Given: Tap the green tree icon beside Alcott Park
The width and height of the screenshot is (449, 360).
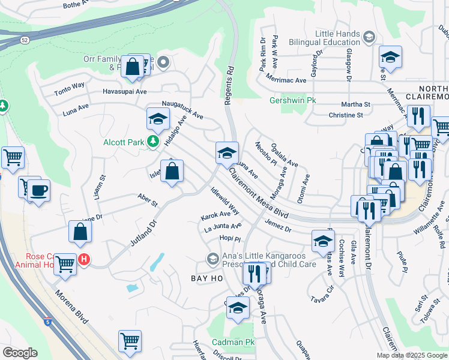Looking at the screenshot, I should [x=153, y=142].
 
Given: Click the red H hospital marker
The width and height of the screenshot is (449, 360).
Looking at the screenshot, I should [x=84, y=260].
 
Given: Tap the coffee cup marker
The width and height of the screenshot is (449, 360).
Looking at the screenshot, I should [x=39, y=191].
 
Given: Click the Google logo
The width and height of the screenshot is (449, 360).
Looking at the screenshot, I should [x=20, y=352].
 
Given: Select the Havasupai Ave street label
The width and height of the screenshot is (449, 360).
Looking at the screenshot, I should [x=124, y=92].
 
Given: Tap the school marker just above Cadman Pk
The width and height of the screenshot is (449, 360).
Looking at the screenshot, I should [x=238, y=307].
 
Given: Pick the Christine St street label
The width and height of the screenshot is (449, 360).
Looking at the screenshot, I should [x=346, y=115].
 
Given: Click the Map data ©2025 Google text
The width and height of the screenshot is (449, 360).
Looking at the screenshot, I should [x=412, y=355].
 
